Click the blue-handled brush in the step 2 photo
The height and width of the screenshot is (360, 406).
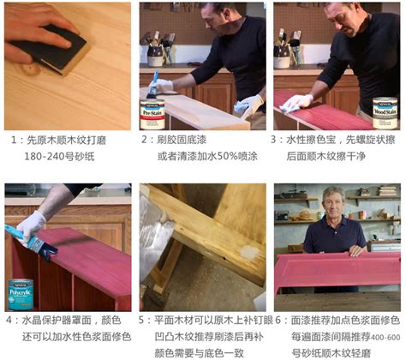tap(152, 85)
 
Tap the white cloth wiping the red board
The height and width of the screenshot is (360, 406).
tap(296, 103)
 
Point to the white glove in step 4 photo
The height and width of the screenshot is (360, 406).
tap(33, 224)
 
